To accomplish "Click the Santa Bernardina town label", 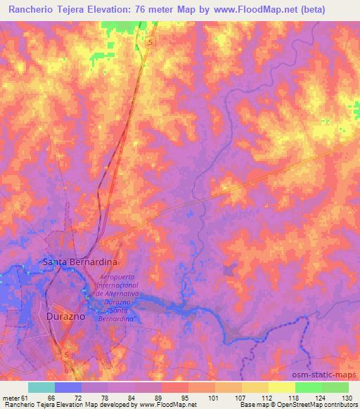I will click(x=80, y=261).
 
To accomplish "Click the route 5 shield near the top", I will click(x=150, y=43).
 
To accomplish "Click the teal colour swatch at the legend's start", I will click(x=41, y=387).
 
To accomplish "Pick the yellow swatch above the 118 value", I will click(x=281, y=387).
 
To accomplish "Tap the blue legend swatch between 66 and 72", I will click(x=67, y=387).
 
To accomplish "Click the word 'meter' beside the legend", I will click(x=10, y=398).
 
